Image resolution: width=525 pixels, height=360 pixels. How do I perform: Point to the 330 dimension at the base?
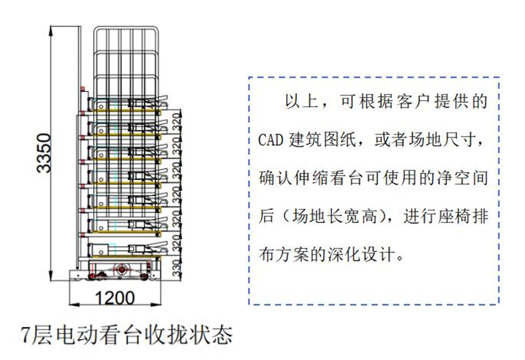pyautogui.click(x=178, y=267)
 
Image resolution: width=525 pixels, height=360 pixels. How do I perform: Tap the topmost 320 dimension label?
pyautogui.click(x=178, y=120)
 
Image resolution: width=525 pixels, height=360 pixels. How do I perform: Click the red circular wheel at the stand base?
pyautogui.click(x=121, y=270)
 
